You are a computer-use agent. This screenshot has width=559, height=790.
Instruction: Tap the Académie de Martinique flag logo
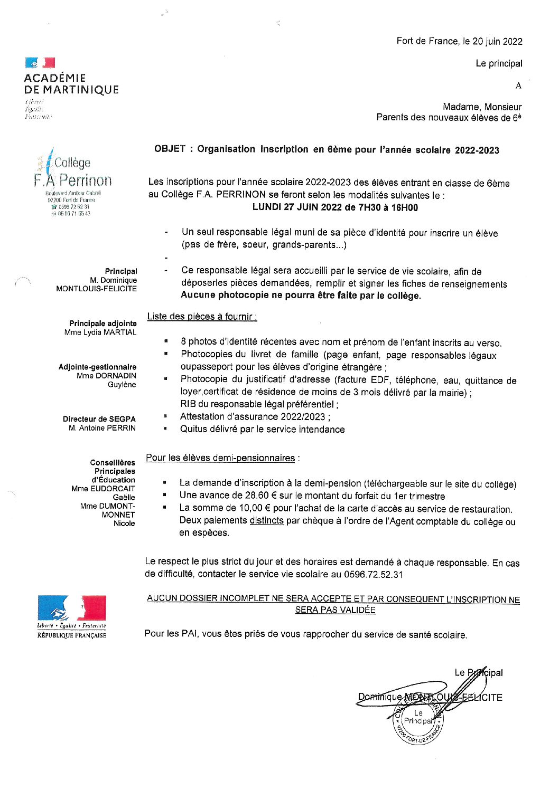pyautogui.click(x=40, y=63)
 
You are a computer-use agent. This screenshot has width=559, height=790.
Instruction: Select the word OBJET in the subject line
pyautogui.click(x=170, y=149)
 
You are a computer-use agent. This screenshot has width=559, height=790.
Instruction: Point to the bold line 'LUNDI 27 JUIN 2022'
pyautogui.click(x=297, y=207)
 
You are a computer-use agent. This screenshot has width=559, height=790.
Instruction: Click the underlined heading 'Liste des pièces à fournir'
pyautogui.click(x=201, y=317)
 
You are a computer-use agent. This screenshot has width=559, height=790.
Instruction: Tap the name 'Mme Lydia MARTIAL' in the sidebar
pyautogui.click(x=100, y=332)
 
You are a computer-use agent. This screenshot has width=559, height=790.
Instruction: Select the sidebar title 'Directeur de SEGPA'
pyautogui.click(x=99, y=419)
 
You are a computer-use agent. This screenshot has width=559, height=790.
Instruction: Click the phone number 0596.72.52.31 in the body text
pyautogui.click(x=373, y=574)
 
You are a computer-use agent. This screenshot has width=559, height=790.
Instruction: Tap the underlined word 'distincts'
pyautogui.click(x=266, y=521)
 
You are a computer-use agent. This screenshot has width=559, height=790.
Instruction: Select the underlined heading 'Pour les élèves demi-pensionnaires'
pyautogui.click(x=220, y=458)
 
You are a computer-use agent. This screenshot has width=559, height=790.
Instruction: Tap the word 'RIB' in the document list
pyautogui.click(x=188, y=404)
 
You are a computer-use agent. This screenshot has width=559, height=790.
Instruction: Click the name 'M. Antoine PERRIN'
pyautogui.click(x=102, y=428)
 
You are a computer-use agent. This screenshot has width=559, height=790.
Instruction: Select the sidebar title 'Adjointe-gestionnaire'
pyautogui.click(x=97, y=367)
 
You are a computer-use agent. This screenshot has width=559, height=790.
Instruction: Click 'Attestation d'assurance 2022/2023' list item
pyautogui.click(x=255, y=417)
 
